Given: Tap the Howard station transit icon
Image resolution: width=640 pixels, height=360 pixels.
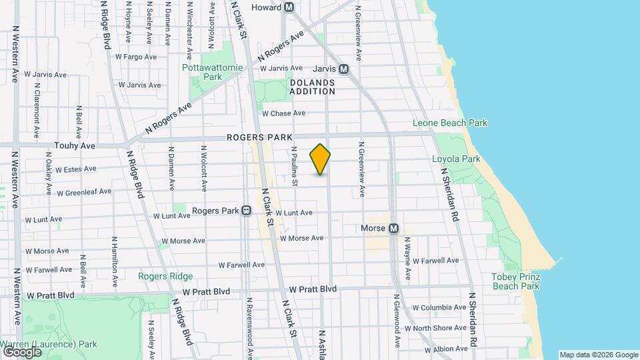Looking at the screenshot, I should (x=289, y=7).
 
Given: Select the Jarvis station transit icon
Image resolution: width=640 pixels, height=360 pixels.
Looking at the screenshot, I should (x=344, y=69).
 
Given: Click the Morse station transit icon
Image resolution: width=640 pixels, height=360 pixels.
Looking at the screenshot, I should (x=393, y=229).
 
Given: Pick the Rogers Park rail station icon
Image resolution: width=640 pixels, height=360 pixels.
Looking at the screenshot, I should (x=246, y=211).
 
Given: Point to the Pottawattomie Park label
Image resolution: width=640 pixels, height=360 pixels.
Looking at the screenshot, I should (x=203, y=72).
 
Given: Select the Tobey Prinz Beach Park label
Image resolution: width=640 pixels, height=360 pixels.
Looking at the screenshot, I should (x=515, y=281).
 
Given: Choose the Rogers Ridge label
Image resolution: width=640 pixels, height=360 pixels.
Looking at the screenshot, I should (x=165, y=276).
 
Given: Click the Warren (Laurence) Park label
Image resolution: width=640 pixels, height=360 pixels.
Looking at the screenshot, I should (x=49, y=345).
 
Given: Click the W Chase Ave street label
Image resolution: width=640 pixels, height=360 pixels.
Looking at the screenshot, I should (x=283, y=113).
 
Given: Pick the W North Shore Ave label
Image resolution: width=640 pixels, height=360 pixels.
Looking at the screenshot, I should (x=440, y=328).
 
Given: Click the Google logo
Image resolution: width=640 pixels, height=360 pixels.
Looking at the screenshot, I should (x=22, y=351).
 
